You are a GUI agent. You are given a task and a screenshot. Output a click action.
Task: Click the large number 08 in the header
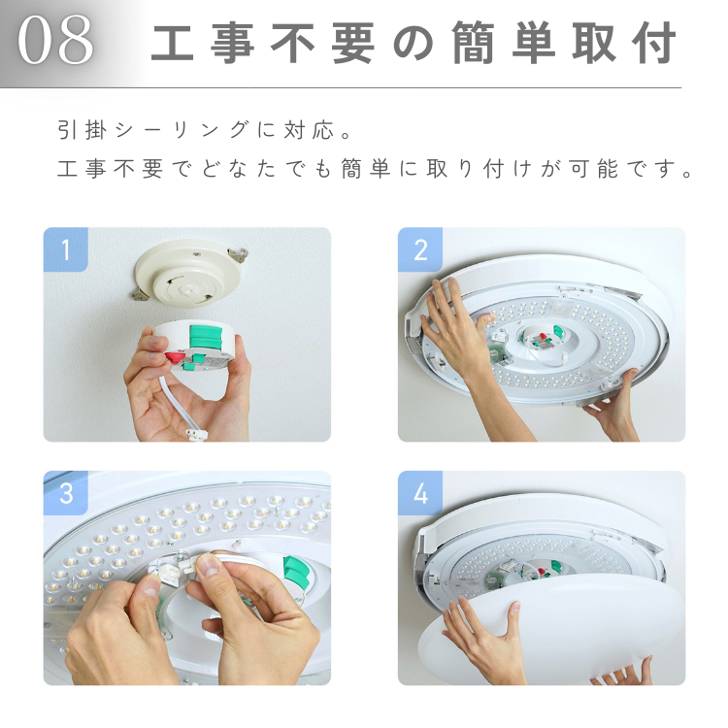[55, 40]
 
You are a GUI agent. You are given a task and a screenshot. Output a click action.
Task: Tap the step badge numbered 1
[65, 249]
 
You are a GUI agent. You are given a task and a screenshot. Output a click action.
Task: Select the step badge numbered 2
[420, 249]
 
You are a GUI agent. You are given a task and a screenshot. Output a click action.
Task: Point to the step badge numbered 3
[65, 492]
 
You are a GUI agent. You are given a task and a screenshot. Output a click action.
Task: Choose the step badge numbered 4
[420, 492]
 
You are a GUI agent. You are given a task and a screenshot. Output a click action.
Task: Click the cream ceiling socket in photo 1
[189, 274]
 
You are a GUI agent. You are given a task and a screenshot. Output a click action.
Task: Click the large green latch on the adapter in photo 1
[206, 337]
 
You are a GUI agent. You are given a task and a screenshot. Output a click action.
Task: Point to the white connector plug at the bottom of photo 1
[196, 435]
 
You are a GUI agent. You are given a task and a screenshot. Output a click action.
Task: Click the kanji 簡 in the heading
[473, 43]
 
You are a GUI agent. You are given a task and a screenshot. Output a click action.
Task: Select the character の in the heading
[414, 44]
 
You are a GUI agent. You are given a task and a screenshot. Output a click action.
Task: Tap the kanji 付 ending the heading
[653, 43]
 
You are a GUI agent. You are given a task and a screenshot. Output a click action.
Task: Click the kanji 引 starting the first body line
[69, 129]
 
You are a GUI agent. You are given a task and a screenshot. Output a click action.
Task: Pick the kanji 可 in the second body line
[579, 168]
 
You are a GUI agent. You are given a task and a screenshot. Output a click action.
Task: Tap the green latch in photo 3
[296, 573]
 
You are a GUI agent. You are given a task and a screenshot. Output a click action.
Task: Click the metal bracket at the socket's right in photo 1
[238, 254]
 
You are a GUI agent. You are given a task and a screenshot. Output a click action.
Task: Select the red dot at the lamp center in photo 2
[542, 335]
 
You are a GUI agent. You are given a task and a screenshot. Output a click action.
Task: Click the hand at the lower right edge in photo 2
[612, 409]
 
